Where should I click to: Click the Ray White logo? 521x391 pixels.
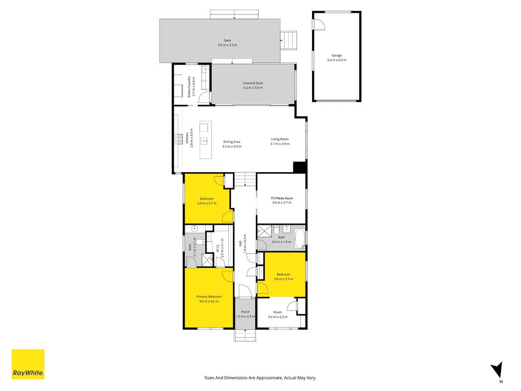28,364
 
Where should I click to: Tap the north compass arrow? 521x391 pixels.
497,370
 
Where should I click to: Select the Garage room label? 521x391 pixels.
336,56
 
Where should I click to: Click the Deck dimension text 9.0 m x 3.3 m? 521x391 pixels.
228,45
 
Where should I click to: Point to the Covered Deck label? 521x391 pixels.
253,83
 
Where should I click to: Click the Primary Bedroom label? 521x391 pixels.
208,297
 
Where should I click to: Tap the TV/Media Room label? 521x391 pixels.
282,198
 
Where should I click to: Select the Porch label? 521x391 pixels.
245,312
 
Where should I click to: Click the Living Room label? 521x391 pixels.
280,139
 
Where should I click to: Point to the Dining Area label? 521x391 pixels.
231,142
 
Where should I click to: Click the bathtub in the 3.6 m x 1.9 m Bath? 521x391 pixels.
300,238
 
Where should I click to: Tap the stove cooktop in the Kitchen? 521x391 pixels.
178,139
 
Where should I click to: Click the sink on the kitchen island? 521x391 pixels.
205,141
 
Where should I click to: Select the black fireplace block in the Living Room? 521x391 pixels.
300,167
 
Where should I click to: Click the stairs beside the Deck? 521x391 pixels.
289,41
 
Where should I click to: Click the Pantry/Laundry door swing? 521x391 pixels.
204,97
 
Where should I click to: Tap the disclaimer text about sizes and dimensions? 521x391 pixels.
260,378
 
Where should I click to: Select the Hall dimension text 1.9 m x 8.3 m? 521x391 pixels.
245,243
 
